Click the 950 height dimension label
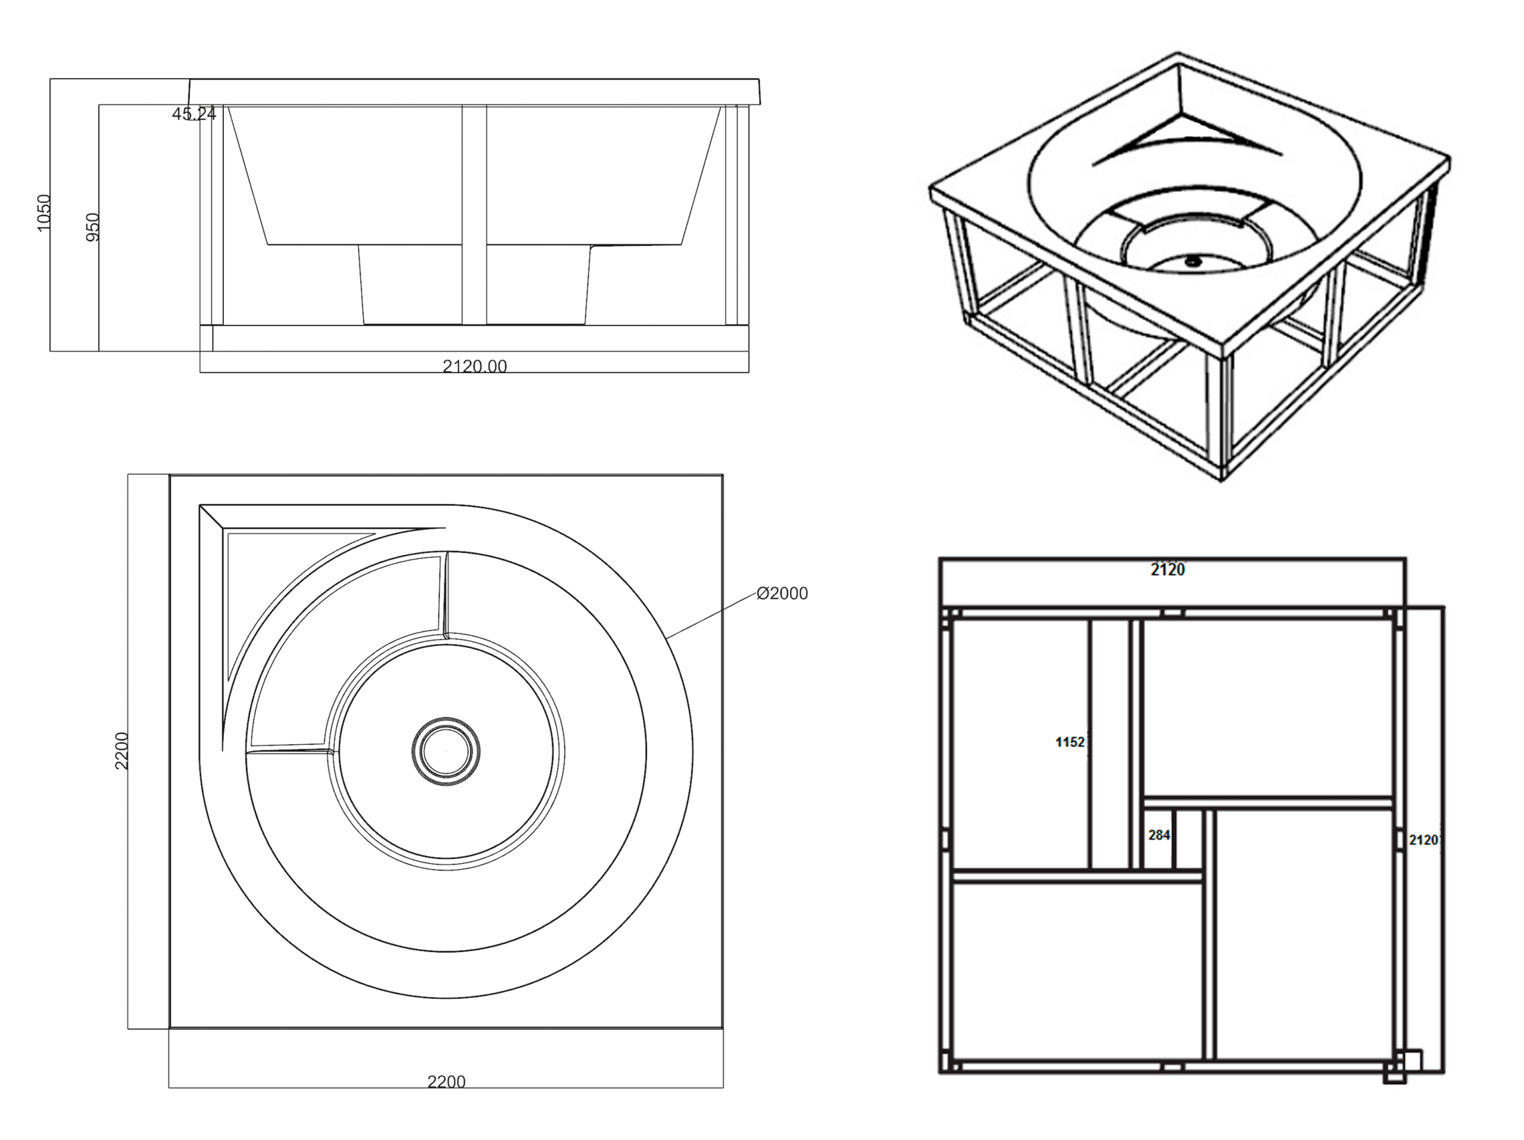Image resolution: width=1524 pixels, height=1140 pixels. coord(92,227)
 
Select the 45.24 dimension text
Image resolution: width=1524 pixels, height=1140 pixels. coord(193,114)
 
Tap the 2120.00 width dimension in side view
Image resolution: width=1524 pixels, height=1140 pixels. coord(474,366)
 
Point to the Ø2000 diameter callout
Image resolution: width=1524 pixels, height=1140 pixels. coord(782,593)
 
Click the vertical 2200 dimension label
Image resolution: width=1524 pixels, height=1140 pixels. coord(122,751)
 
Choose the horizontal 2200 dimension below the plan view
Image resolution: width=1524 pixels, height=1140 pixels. coord(446,1082)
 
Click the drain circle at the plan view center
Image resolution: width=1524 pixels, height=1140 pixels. coord(446,750)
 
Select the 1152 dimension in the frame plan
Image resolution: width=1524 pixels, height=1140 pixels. coord(1070,742)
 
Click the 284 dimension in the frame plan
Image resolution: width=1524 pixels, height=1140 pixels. coord(1159,835)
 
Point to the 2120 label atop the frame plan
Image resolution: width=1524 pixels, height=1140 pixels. coord(1168,569)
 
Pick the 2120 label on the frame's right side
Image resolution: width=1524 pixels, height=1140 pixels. coord(1423,840)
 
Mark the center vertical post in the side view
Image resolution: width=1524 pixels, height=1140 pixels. coord(474,214)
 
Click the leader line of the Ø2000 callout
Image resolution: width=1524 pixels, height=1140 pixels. coord(710,614)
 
